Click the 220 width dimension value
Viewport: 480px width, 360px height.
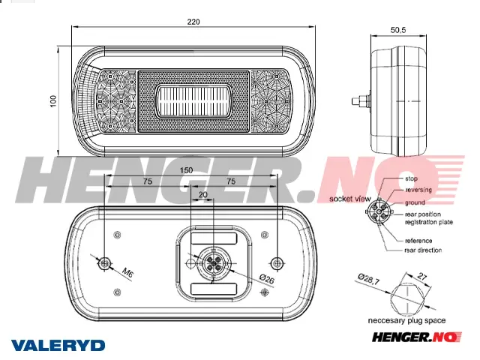tap(193, 22)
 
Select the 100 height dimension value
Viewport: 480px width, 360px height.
tap(53, 101)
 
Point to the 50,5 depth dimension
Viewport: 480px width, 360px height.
tap(398, 30)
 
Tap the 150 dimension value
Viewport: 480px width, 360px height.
tap(186, 170)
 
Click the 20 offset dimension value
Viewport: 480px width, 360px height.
tap(203, 195)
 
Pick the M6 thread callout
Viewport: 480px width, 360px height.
tap(127, 272)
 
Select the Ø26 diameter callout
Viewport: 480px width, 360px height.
tap(267, 279)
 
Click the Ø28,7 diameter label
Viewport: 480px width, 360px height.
tap(369, 279)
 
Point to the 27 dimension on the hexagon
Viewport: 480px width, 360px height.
tap(421, 277)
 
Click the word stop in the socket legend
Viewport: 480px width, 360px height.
tap(411, 178)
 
